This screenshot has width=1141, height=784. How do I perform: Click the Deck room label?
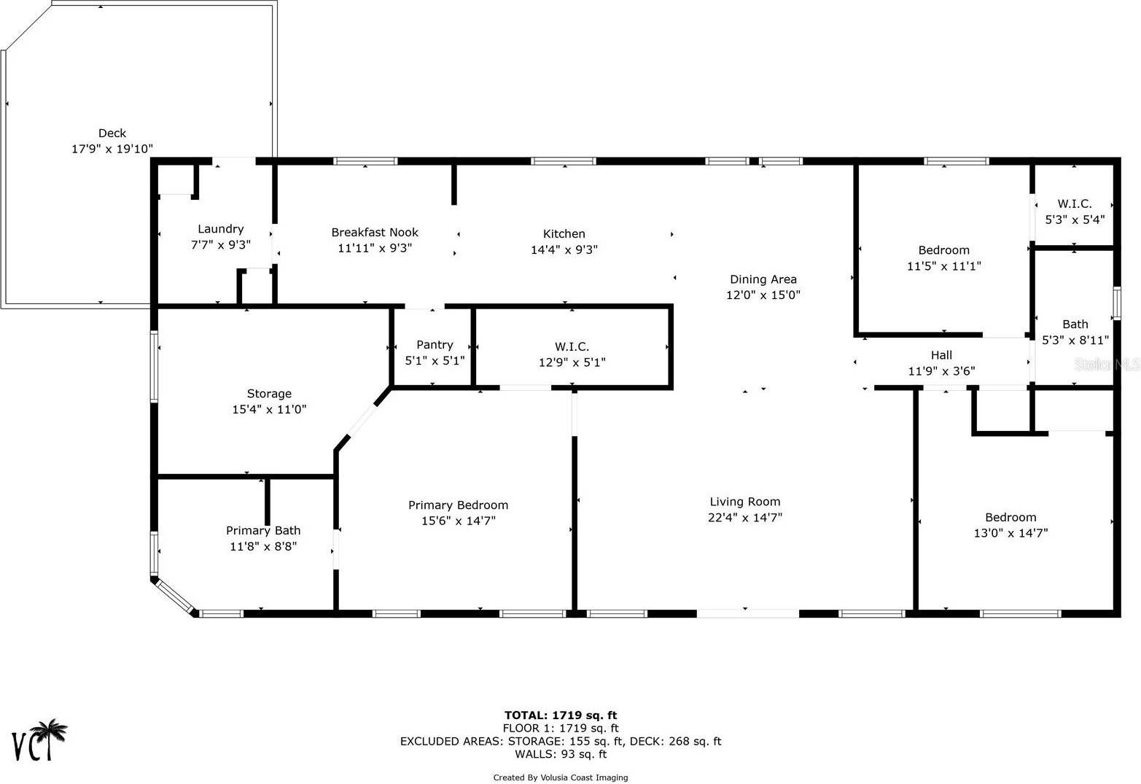pyautogui.click(x=112, y=133)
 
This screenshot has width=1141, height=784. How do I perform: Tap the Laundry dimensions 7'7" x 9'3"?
pyautogui.click(x=220, y=245)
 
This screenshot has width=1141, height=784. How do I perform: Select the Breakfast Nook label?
pyautogui.click(x=375, y=232)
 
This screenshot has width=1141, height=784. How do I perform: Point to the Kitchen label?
pyautogui.click(x=564, y=233)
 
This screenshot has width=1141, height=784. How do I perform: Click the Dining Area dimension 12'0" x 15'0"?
pyautogui.click(x=763, y=295)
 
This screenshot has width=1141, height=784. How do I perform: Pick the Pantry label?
pyautogui.click(x=435, y=344)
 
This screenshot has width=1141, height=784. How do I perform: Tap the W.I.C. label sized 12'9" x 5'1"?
pyautogui.click(x=572, y=346)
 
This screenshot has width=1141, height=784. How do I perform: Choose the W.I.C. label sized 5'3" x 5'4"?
pyautogui.click(x=1075, y=203)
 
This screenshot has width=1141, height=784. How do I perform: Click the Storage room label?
pyautogui.click(x=269, y=393)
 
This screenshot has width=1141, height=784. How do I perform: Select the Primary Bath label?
pyautogui.click(x=263, y=530)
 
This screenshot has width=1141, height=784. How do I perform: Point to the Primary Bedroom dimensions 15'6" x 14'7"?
pyautogui.click(x=458, y=521)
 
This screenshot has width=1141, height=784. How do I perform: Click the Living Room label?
pyautogui.click(x=744, y=501)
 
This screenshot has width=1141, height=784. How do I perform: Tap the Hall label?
pyautogui.click(x=941, y=355)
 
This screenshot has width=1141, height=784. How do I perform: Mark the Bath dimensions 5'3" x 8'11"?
pyautogui.click(x=1075, y=340)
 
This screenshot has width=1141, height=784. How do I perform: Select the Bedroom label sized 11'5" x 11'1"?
pyautogui.click(x=943, y=250)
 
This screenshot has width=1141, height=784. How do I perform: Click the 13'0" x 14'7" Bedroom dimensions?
pyautogui.click(x=1010, y=533)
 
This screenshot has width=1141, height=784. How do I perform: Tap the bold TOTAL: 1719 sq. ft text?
pyautogui.click(x=560, y=715)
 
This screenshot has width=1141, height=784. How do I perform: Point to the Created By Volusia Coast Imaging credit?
pyautogui.click(x=560, y=777)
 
